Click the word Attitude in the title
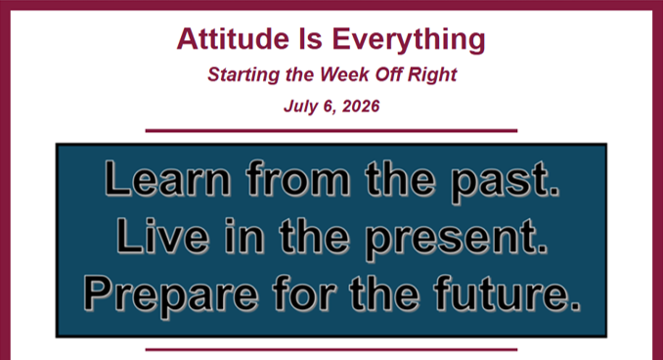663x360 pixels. coord(233,38)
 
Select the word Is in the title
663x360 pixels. coord(311,38)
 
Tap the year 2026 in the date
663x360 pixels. coord(361,106)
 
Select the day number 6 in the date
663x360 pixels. coord(329,107)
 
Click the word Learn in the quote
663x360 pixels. coord(167,178)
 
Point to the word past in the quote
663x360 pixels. coord(505,182)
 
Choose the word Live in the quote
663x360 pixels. coord(162,236)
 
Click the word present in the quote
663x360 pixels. coord(456,239)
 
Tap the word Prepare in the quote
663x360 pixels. coord(171,296)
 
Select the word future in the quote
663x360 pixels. coord(507,293)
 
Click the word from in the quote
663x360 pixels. coord(298,178)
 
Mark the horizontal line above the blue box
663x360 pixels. coord(331,131)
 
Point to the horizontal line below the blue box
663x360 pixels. coord(331,350)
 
